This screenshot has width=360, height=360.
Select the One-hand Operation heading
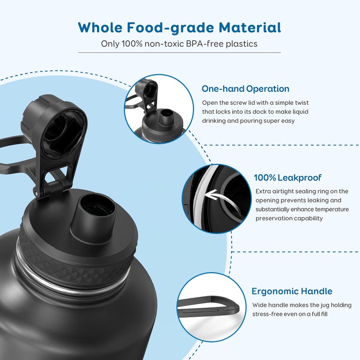coord(245,89)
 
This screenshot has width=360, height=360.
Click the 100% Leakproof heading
coord(288,178)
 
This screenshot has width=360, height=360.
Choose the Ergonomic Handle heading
coord(292,291)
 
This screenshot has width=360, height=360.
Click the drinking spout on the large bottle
coord(93,211)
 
